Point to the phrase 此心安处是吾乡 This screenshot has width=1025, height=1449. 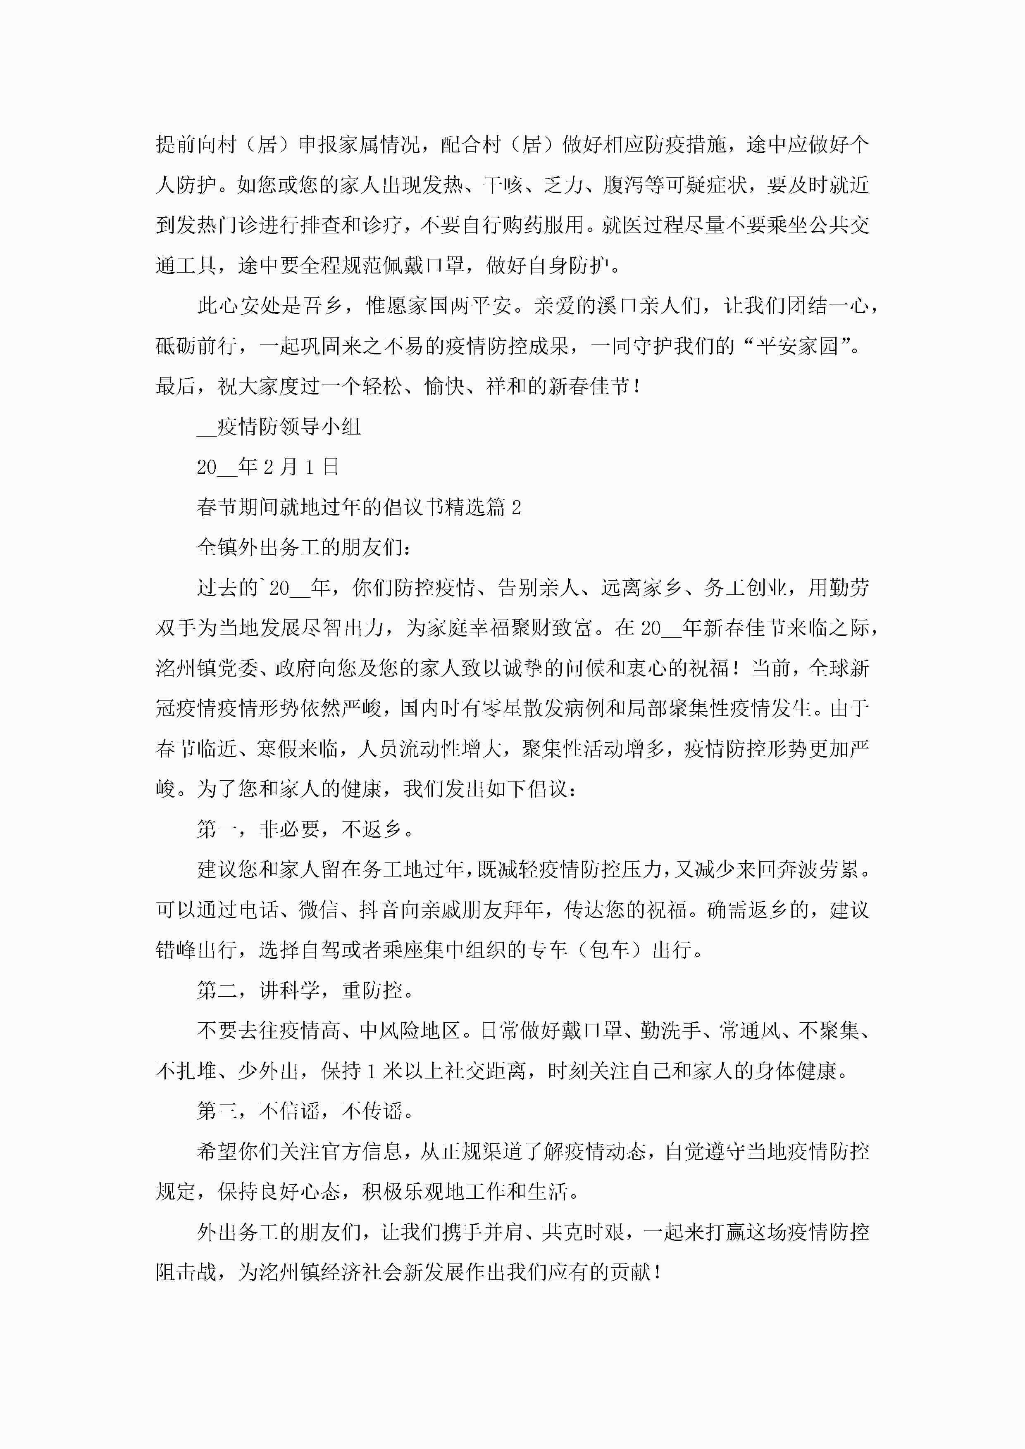(x=269, y=306)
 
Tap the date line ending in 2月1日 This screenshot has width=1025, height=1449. (x=268, y=467)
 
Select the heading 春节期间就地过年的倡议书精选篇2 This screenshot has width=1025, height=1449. (x=359, y=507)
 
